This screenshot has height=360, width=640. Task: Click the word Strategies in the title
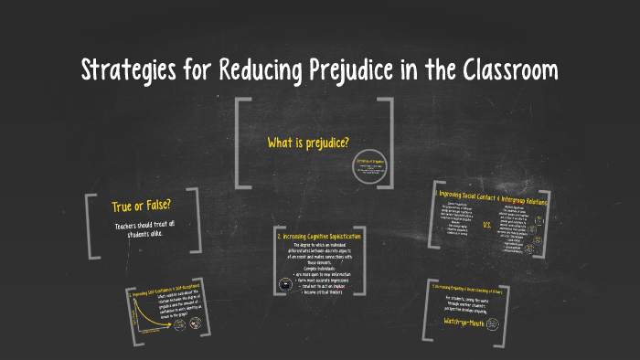tap(132, 69)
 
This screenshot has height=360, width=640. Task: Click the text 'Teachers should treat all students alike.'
tap(144, 230)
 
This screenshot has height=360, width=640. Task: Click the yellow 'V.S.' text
tap(486, 223)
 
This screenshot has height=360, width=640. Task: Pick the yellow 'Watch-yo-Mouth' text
tap(472, 321)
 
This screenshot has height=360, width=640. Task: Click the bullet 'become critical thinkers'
tap(322, 291)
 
